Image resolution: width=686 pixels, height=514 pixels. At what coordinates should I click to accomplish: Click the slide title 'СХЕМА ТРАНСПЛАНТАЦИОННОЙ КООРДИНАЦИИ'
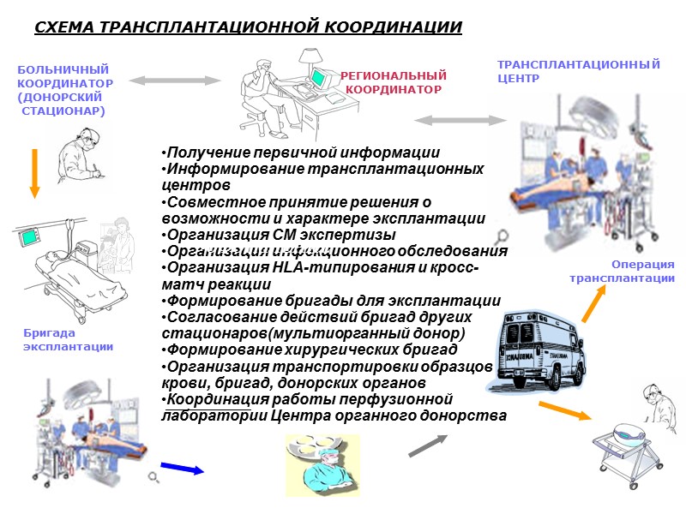[x=248, y=27]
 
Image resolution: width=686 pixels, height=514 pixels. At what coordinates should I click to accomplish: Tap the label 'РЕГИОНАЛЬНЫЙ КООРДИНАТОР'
[x=394, y=82]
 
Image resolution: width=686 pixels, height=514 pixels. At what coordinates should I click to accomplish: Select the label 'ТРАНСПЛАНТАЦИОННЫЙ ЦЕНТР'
[x=579, y=71]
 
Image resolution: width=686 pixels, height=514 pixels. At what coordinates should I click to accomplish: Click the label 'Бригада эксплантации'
[x=68, y=339]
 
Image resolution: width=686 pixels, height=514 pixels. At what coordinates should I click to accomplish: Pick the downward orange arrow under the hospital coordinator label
[x=34, y=172]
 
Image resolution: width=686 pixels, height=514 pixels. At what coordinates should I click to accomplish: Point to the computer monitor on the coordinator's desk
[x=321, y=76]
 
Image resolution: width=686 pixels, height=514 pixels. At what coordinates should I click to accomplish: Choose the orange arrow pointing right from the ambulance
[x=564, y=409]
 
